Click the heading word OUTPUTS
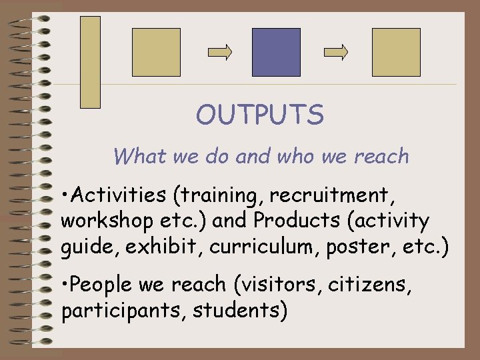[259, 115]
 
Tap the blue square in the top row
[276, 52]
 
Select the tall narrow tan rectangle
[90, 62]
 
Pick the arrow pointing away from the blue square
[336, 52]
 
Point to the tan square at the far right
[396, 52]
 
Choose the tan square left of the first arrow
[156, 52]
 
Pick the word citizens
[374, 285]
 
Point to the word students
[237, 311]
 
